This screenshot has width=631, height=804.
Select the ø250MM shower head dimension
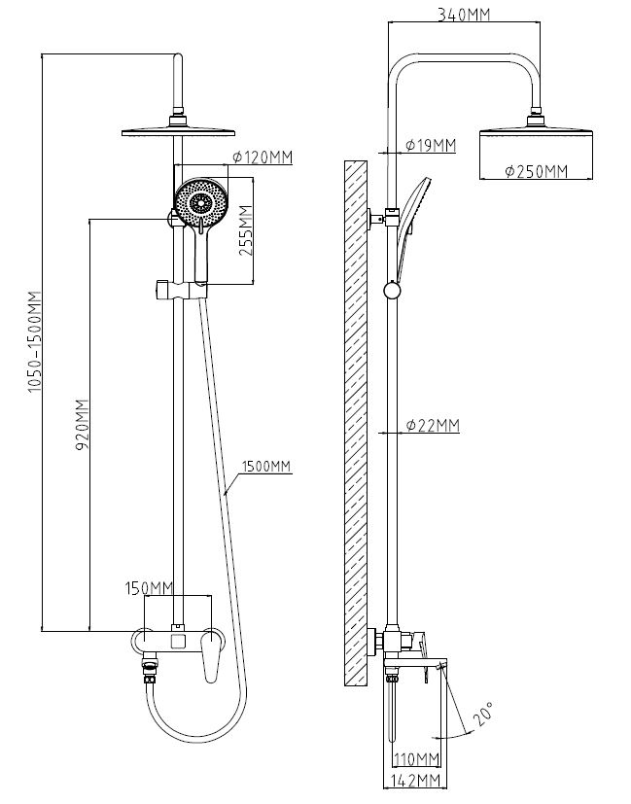(x=536, y=172)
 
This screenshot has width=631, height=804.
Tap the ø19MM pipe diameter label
(x=429, y=146)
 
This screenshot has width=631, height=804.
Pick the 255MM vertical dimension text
(x=246, y=234)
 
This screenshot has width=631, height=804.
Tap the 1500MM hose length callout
(x=268, y=466)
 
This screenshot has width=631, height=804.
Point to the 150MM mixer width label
(x=149, y=588)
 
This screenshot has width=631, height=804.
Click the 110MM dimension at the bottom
(x=414, y=758)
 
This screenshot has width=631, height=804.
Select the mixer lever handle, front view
(x=208, y=661)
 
